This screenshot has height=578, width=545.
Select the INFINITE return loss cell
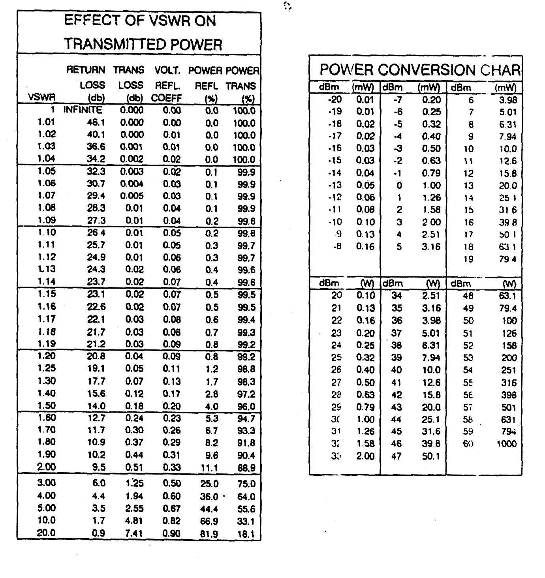point(83,110)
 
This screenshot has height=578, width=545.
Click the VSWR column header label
point(41,97)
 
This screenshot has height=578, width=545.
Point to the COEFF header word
point(166,98)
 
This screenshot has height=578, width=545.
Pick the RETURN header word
point(86,70)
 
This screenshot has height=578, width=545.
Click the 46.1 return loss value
point(96,122)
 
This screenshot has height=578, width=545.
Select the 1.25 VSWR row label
point(47,368)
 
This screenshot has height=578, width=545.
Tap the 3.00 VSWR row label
point(47,483)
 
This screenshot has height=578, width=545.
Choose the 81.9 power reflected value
point(209,534)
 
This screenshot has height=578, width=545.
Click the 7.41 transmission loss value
point(133,533)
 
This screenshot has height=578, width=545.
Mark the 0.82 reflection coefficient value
point(171,521)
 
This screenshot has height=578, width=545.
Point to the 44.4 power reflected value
point(209,509)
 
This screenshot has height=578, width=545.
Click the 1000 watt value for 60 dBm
point(506,444)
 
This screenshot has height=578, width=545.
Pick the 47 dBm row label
point(396,456)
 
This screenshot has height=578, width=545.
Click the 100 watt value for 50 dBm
point(509,321)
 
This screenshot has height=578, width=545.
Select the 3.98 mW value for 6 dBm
point(507,100)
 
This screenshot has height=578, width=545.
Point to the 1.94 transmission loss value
point(134,496)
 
